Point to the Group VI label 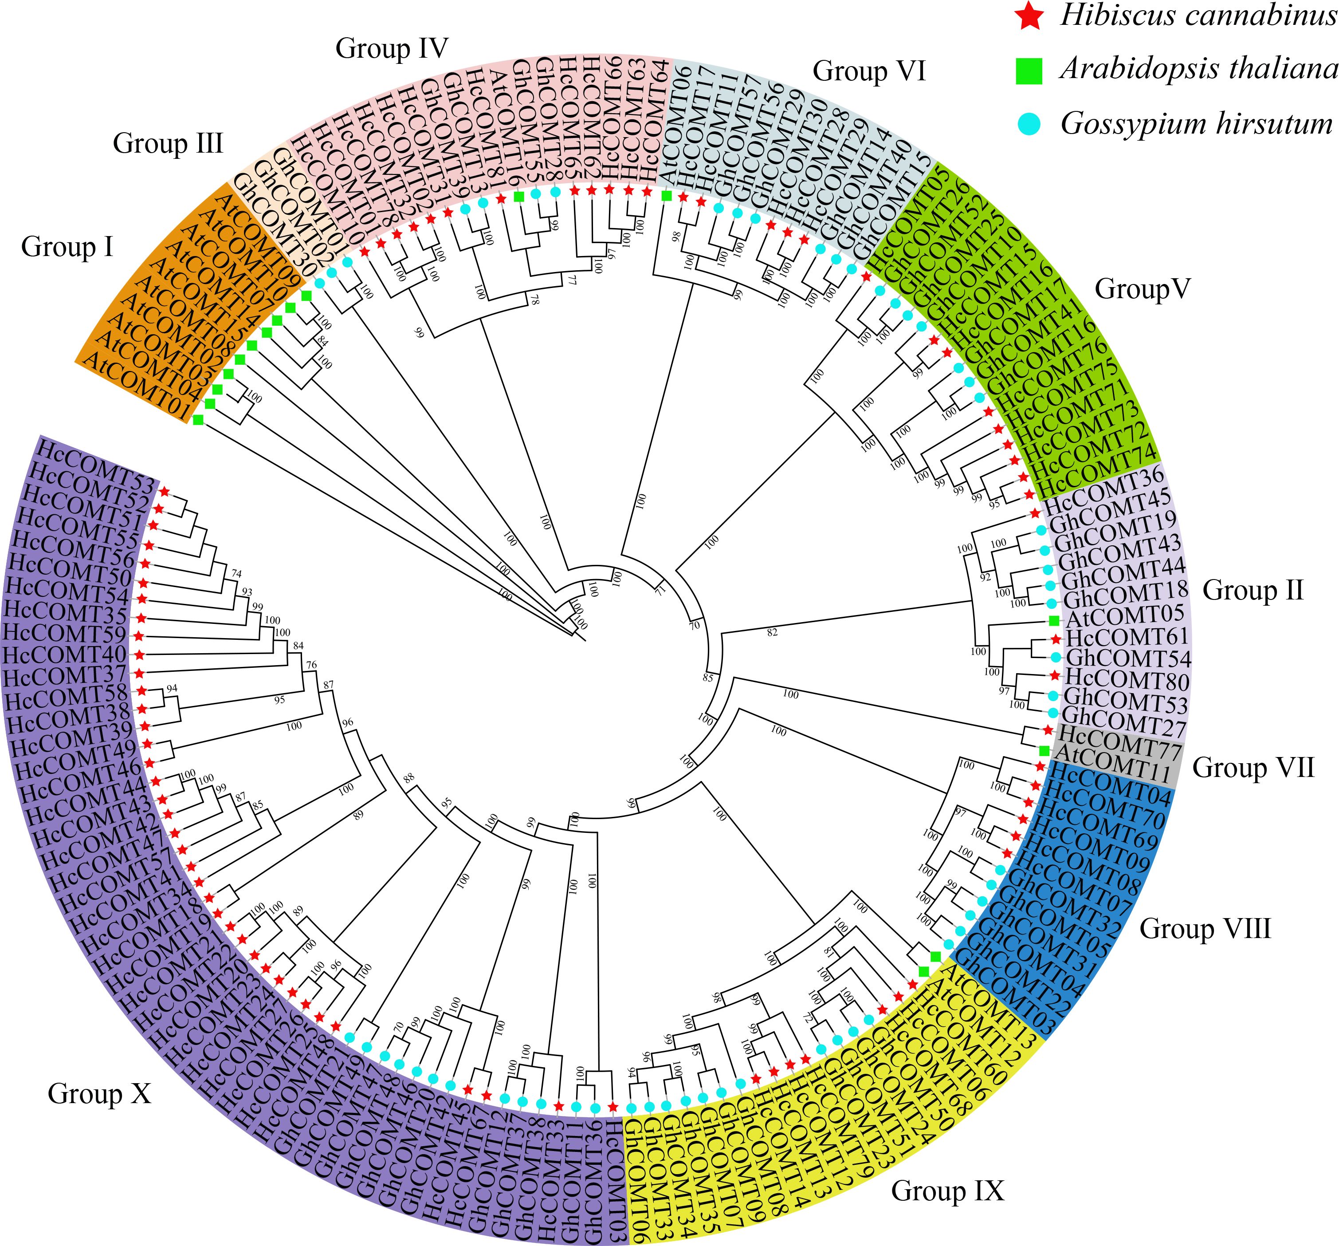pyautogui.click(x=869, y=71)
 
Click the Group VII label pyautogui.click(x=1253, y=768)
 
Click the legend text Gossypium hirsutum pyautogui.click(x=1196, y=124)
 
